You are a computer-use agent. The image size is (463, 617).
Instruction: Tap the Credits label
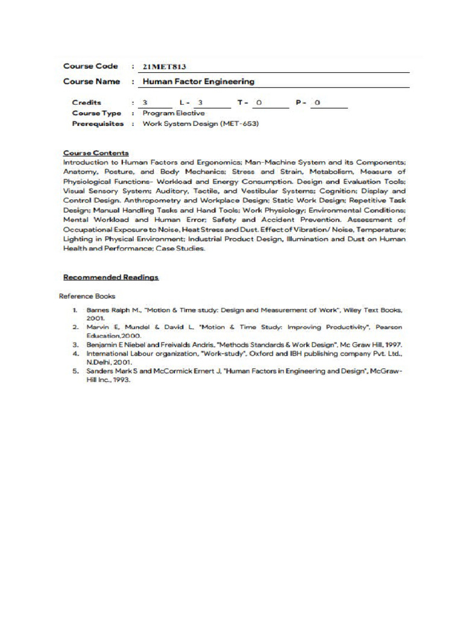tap(87, 102)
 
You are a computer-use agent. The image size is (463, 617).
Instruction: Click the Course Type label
tap(96, 113)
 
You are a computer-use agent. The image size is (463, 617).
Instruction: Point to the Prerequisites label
tap(98, 124)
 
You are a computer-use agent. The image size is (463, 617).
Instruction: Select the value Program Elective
tap(174, 113)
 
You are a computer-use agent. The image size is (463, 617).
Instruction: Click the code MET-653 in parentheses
tap(240, 124)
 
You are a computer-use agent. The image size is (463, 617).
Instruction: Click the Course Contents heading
tap(96, 153)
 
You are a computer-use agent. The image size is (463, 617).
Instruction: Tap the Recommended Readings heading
tap(111, 277)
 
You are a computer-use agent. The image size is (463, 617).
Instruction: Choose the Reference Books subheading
tap(87, 296)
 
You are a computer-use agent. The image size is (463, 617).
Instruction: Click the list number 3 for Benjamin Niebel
tap(75, 345)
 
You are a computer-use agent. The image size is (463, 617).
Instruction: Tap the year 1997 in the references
tap(392, 345)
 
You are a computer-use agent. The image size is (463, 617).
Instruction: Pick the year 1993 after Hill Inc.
tap(120, 381)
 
